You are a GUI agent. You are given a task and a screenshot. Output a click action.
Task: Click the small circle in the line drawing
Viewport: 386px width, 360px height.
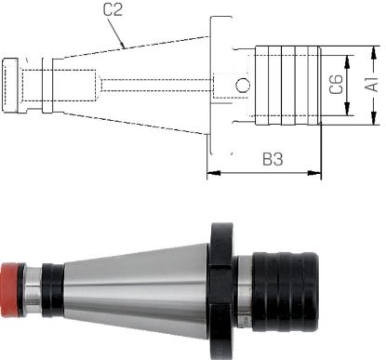243,86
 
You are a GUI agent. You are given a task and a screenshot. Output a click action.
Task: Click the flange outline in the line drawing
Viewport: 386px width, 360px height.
218,85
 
